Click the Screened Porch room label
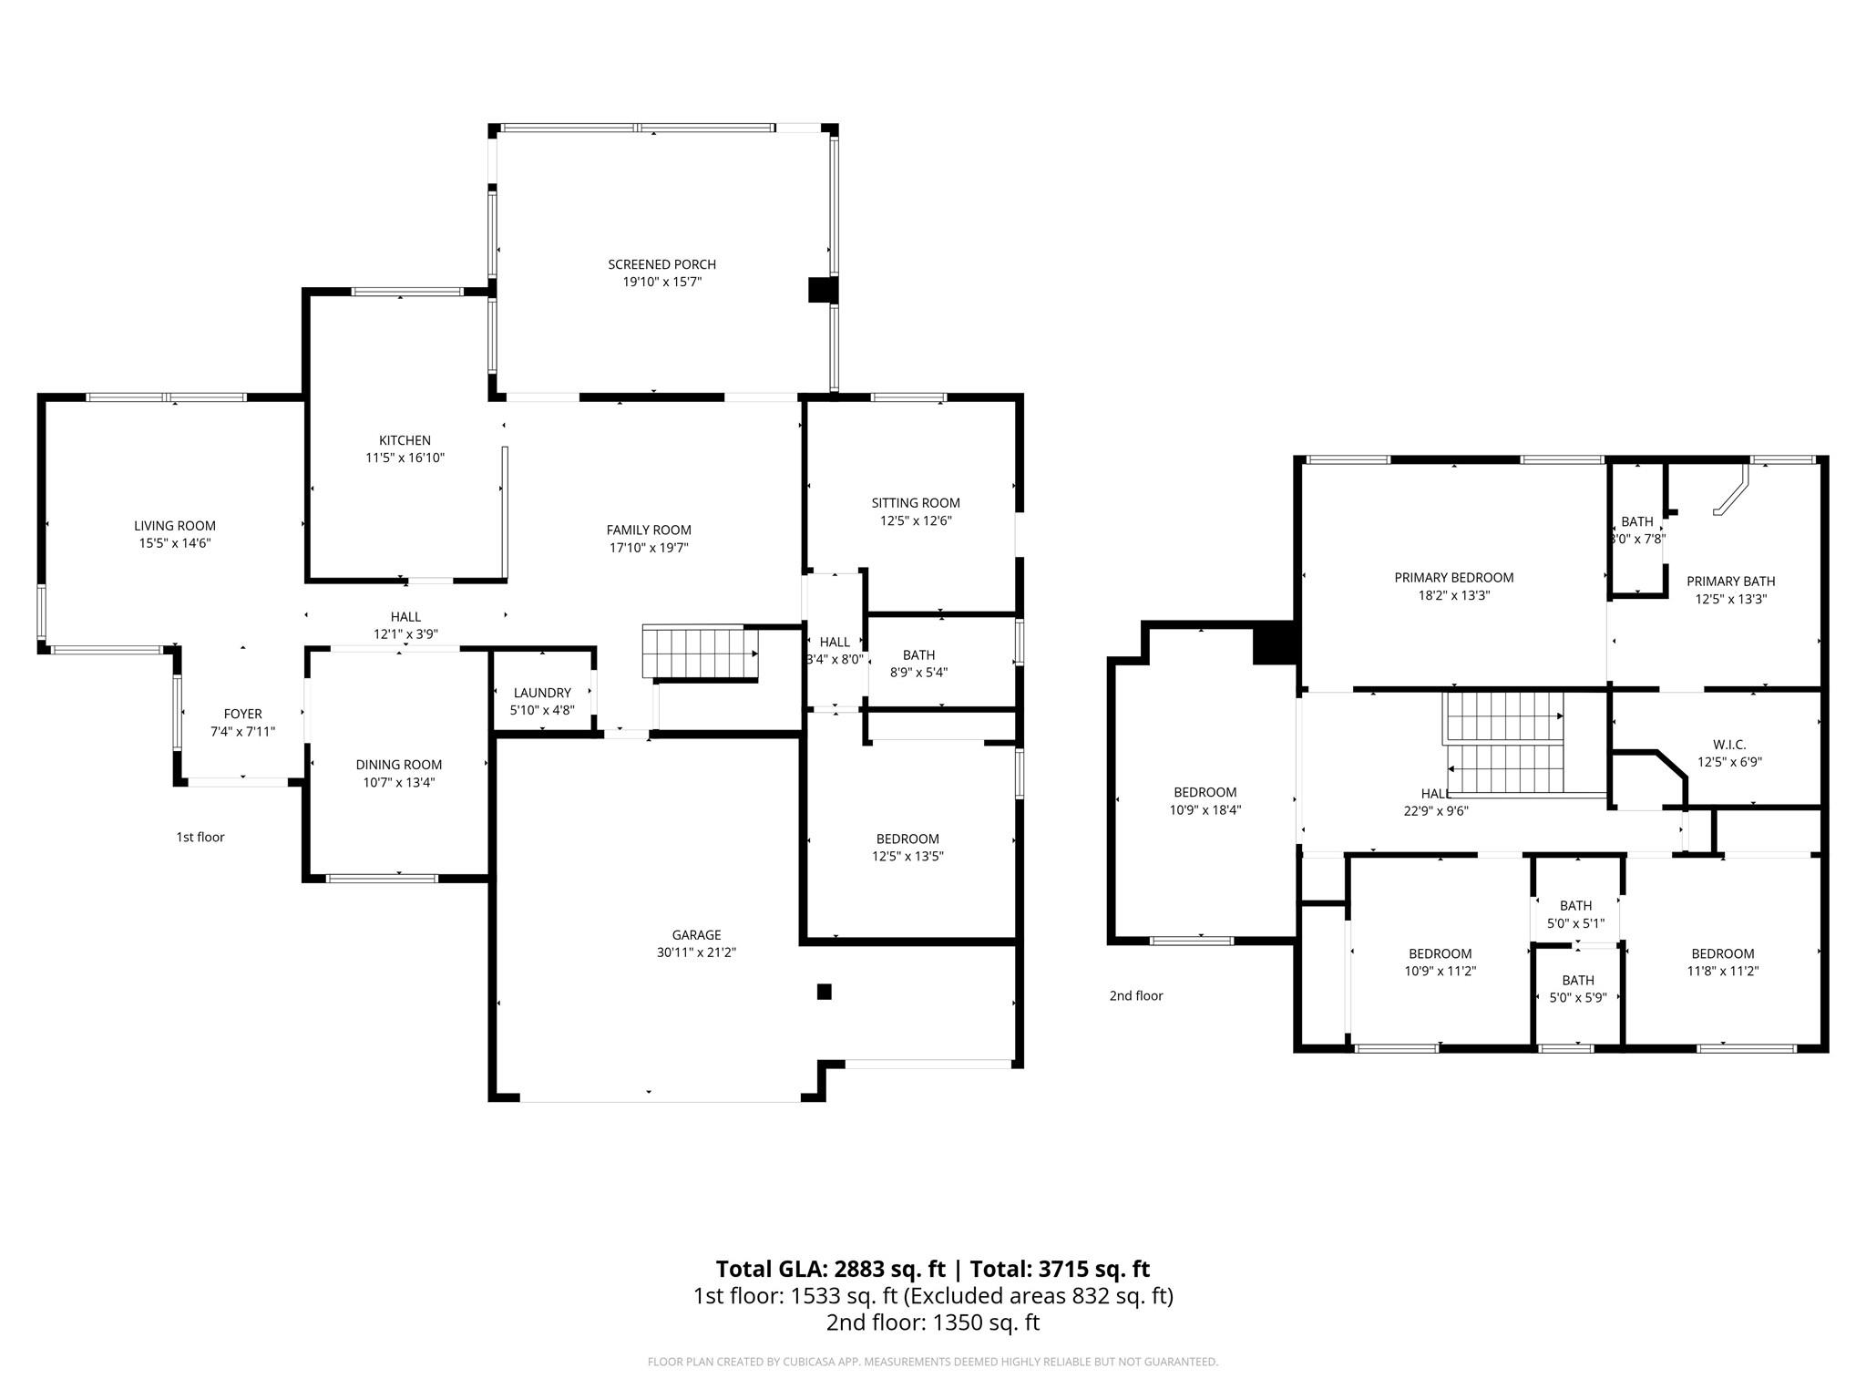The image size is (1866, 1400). [661, 264]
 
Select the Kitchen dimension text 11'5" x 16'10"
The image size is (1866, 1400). [405, 458]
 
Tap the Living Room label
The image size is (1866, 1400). [175, 525]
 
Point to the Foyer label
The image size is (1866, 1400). [242, 714]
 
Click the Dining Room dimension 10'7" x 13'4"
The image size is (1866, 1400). [398, 782]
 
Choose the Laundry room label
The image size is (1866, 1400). [542, 693]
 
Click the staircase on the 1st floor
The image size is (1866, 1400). [700, 651]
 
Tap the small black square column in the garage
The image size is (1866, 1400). [824, 992]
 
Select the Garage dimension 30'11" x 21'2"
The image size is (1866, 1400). [696, 952]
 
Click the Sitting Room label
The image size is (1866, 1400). [915, 502]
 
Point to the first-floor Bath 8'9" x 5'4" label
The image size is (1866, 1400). [918, 654]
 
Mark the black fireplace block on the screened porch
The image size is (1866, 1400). [822, 289]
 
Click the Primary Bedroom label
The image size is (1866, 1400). [1453, 577]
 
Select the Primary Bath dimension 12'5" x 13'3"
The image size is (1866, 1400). [1730, 599]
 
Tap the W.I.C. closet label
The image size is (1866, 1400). [1728, 745]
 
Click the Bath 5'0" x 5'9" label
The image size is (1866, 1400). [1577, 980]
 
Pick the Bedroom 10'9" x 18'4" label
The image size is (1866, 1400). [1205, 792]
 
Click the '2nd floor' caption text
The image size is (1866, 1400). [1135, 995]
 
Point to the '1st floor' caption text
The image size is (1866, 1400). [200, 837]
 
